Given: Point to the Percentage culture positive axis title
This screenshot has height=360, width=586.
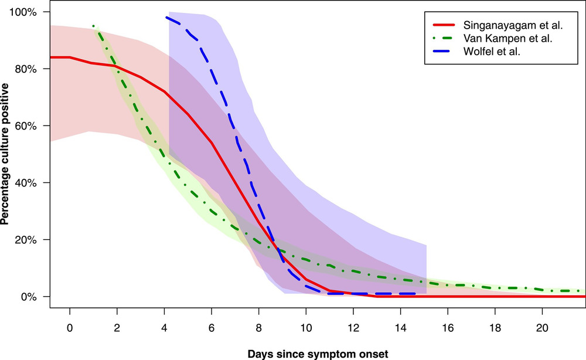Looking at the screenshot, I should tap(8, 154).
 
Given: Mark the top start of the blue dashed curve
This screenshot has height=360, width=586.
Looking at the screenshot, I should tap(167, 18).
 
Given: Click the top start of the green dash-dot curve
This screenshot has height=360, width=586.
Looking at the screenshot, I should tap(93, 26).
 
